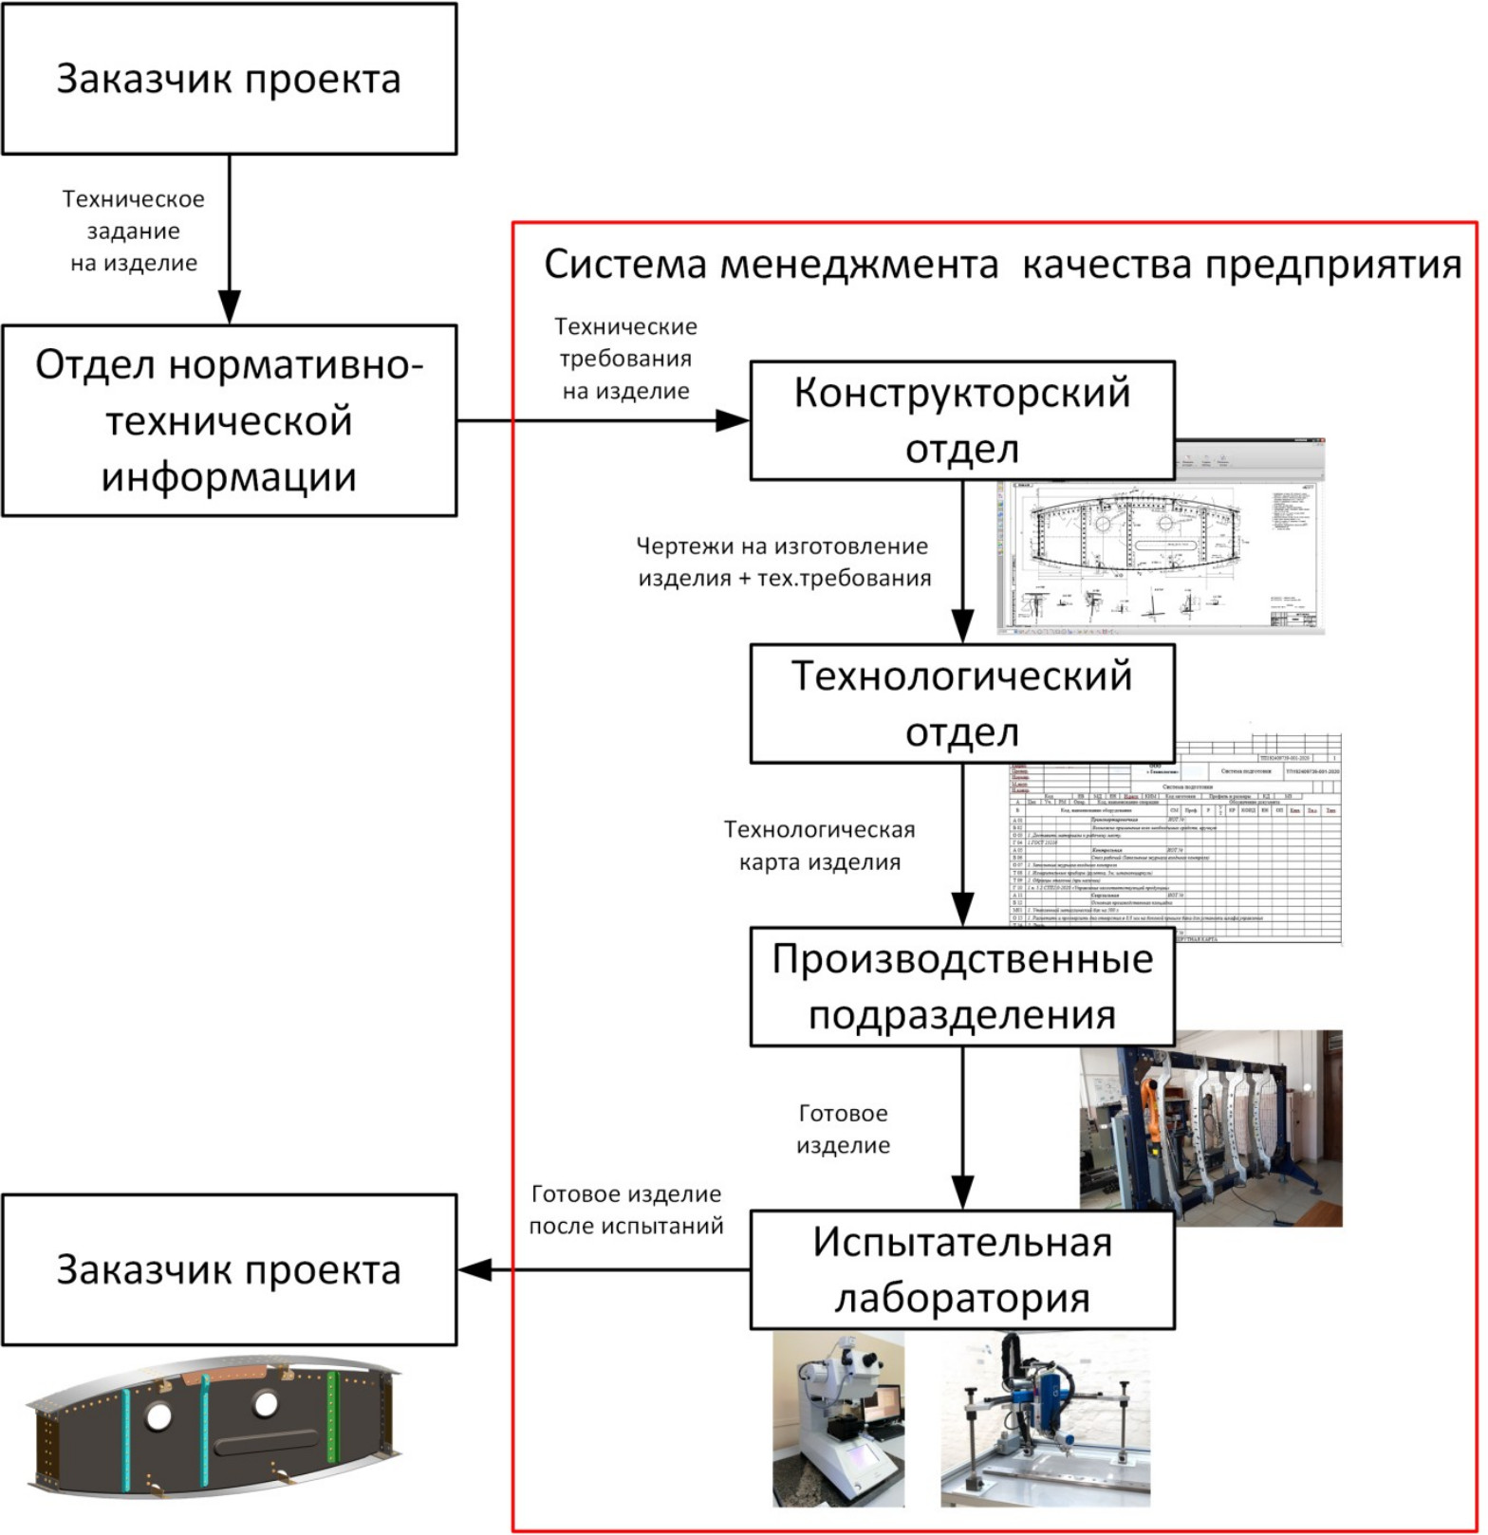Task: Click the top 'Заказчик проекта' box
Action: click(229, 79)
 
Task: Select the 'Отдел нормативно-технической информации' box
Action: click(229, 420)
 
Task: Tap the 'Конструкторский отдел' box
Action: click(962, 420)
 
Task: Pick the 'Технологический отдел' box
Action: click(962, 703)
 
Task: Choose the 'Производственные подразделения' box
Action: click(962, 987)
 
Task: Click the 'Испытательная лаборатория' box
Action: click(962, 1269)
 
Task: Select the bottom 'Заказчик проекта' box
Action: click(229, 1269)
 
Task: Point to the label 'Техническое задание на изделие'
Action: click(134, 231)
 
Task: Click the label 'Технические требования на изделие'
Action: click(625, 359)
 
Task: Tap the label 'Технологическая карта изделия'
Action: click(820, 845)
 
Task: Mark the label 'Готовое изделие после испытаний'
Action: click(626, 1210)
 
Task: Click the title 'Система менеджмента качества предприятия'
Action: click(1002, 265)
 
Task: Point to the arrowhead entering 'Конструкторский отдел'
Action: click(734, 420)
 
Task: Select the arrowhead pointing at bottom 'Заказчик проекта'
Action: click(474, 1269)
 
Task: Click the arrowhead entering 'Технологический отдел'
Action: click(962, 628)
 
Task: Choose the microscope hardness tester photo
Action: click(838, 1418)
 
